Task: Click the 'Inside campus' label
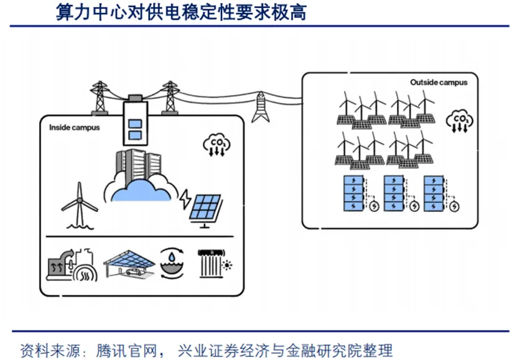(x=75, y=127)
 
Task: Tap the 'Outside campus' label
(x=439, y=82)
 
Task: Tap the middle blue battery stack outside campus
(x=394, y=194)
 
